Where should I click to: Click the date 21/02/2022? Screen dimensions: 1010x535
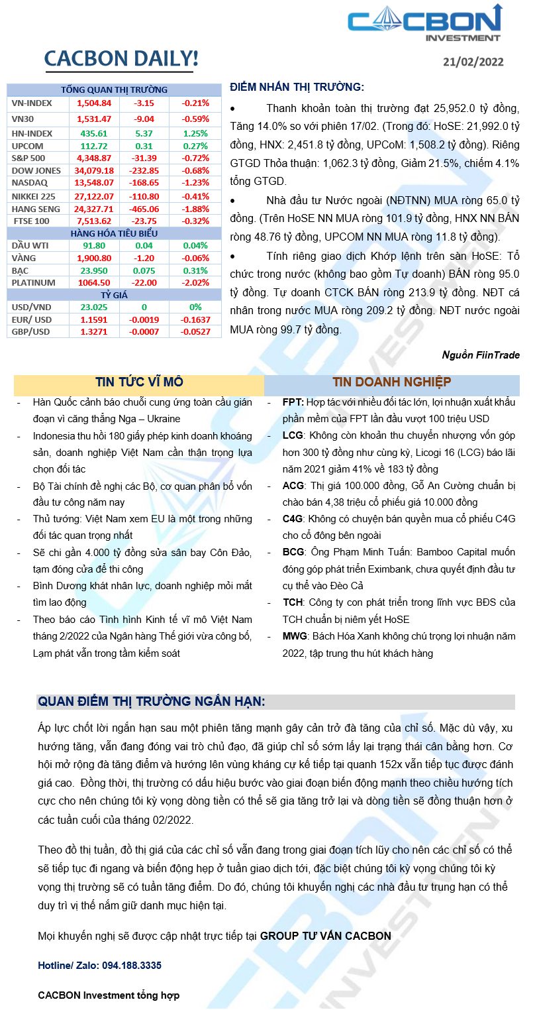click(x=473, y=62)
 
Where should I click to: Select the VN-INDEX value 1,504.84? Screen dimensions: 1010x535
click(x=94, y=103)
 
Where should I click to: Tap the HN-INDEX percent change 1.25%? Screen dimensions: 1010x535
click(x=195, y=133)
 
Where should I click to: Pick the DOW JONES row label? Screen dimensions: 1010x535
click(x=36, y=170)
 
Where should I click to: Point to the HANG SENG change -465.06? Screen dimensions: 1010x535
click(x=144, y=209)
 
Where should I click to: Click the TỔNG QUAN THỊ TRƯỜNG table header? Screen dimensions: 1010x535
click(x=114, y=89)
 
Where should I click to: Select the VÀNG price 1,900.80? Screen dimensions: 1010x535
click(x=94, y=258)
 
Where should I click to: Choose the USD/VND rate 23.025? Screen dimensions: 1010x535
click(x=94, y=308)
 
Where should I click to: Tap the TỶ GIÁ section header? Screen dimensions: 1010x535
click(x=114, y=295)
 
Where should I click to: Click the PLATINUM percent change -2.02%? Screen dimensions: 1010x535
click(x=195, y=282)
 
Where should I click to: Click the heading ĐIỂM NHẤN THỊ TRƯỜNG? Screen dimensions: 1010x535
click(x=296, y=87)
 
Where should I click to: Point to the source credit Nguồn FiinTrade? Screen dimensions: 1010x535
click(x=481, y=355)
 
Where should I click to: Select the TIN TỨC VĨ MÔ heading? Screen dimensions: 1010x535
click(x=139, y=382)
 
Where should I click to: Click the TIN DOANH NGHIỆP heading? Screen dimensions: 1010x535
click(x=392, y=382)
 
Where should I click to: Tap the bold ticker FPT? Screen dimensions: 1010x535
click(x=293, y=402)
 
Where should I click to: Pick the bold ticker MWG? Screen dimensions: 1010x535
click(x=295, y=636)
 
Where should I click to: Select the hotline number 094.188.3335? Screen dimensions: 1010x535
click(x=132, y=966)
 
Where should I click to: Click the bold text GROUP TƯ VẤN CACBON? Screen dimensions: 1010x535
click(x=326, y=936)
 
